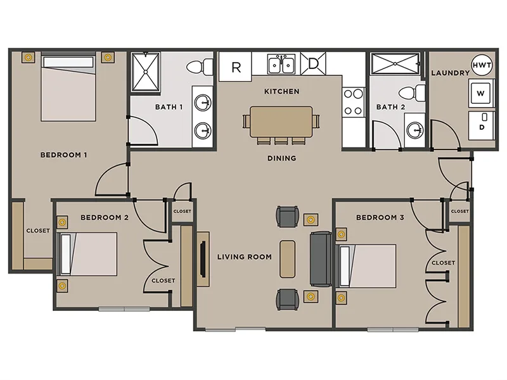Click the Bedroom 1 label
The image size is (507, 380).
[63, 155]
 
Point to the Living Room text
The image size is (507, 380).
[244, 256]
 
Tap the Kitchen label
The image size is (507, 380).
[281, 91]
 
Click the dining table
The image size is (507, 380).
[281, 122]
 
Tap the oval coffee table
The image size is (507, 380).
[287, 258]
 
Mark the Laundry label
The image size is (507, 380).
[450, 73]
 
